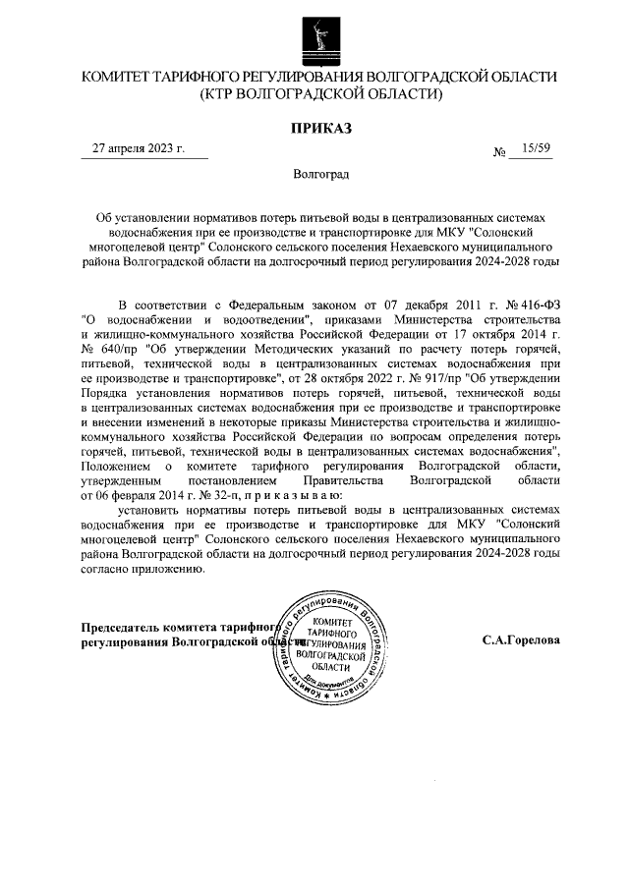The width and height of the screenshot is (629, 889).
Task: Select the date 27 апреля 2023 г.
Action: (x=139, y=149)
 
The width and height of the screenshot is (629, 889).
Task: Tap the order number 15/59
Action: (x=537, y=149)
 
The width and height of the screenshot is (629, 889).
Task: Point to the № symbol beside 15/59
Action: (x=499, y=152)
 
